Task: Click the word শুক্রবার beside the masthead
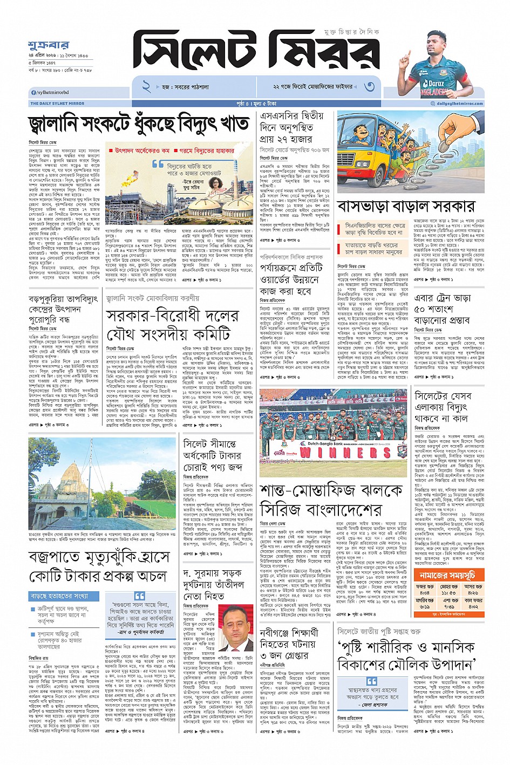pos(48,45)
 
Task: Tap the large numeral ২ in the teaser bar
pos(146,86)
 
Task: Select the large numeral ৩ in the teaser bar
pos(369,86)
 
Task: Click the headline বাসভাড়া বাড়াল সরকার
pos(406,206)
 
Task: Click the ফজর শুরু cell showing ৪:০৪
pos(425,589)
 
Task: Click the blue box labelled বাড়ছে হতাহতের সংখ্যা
pos(64,596)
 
